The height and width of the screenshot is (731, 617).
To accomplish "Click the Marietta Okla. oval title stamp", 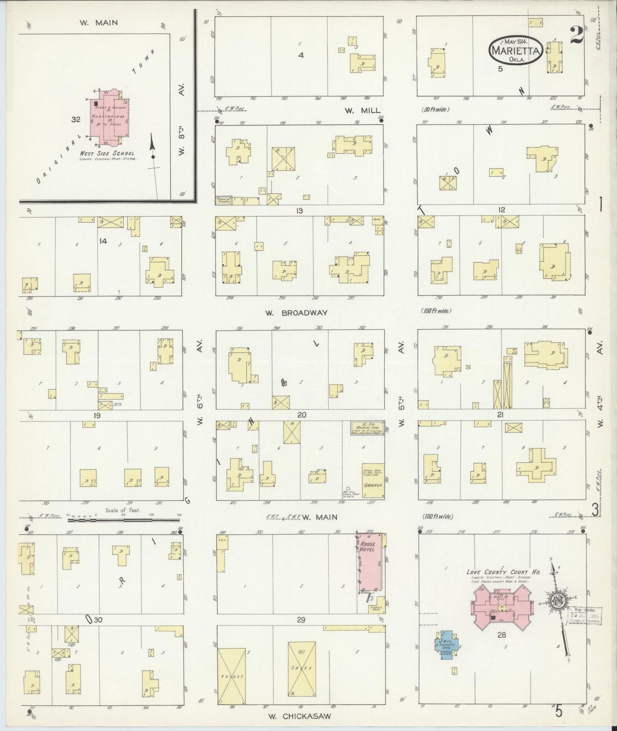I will (x=516, y=50).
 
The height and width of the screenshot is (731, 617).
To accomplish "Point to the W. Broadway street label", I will (x=296, y=313).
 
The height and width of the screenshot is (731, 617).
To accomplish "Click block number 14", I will (x=102, y=241).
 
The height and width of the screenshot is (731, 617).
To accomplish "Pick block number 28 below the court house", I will (x=501, y=635).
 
